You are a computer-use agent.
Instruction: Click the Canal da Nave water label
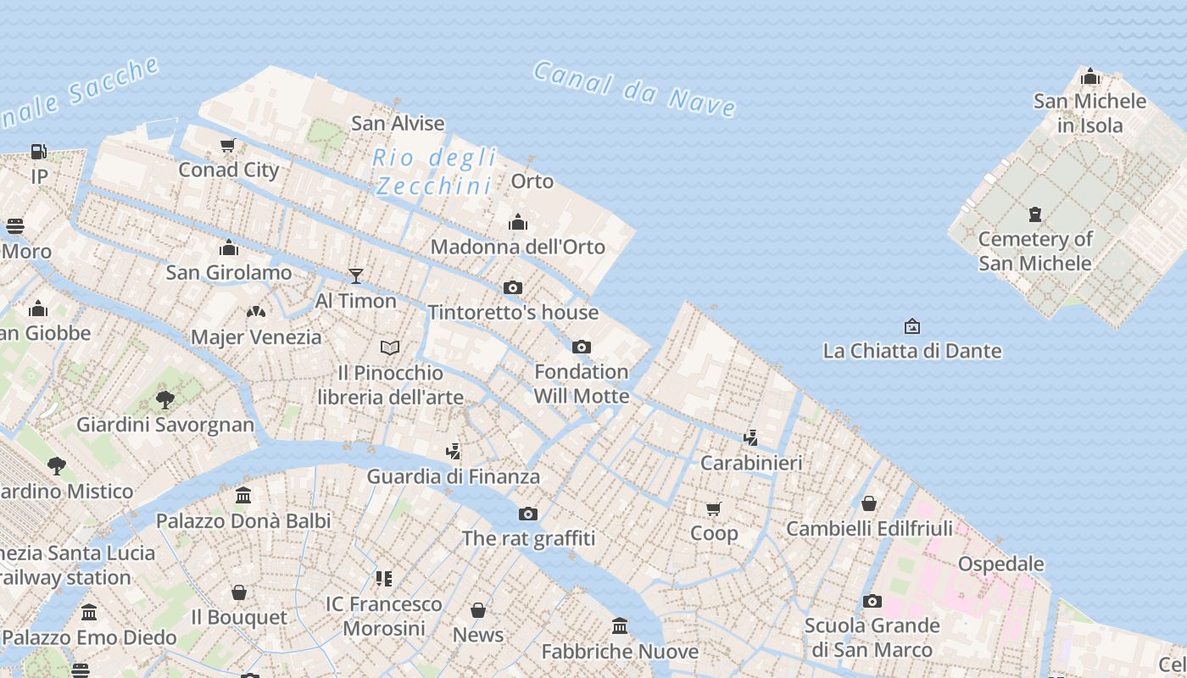pyautogui.click(x=634, y=89)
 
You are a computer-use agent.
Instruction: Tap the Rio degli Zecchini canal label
pyautogui.click(x=434, y=171)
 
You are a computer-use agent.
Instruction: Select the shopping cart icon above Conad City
pyautogui.click(x=227, y=146)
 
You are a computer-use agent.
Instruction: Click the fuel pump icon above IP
pyautogui.click(x=39, y=152)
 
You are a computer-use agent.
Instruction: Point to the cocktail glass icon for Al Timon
pyautogui.click(x=356, y=276)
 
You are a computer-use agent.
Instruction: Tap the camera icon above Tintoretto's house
pyautogui.click(x=513, y=288)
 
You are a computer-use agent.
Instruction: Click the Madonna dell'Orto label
pyautogui.click(x=518, y=247)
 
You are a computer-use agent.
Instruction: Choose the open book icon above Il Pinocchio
pyautogui.click(x=390, y=347)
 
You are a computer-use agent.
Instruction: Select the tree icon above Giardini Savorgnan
pyautogui.click(x=165, y=399)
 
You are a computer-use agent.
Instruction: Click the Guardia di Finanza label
pyautogui.click(x=453, y=476)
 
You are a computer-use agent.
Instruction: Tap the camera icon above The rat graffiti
pyautogui.click(x=528, y=514)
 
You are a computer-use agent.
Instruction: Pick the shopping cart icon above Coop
pyautogui.click(x=713, y=509)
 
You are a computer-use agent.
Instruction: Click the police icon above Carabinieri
pyautogui.click(x=750, y=438)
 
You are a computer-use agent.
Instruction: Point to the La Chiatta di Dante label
pyautogui.click(x=912, y=350)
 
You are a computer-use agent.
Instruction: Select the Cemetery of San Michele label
pyautogui.click(x=1035, y=251)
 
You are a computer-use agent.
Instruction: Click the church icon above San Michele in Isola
pyautogui.click(x=1090, y=78)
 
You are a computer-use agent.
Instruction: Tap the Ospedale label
pyautogui.click(x=1000, y=564)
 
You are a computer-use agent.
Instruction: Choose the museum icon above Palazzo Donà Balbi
pyautogui.click(x=243, y=495)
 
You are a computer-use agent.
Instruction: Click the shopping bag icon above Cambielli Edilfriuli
pyautogui.click(x=869, y=504)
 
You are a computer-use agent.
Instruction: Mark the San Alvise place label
pyautogui.click(x=398, y=123)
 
